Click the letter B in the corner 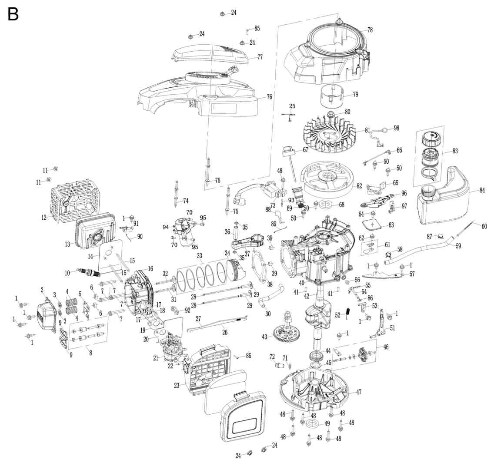click(x=13, y=14)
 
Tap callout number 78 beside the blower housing click(x=370, y=30)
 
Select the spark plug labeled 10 click(x=89, y=272)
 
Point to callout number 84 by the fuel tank click(x=482, y=190)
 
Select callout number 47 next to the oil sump click(x=358, y=392)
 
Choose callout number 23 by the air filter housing click(x=177, y=385)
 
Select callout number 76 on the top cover click(x=269, y=97)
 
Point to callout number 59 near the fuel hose click(x=458, y=246)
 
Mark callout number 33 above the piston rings click(x=200, y=255)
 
